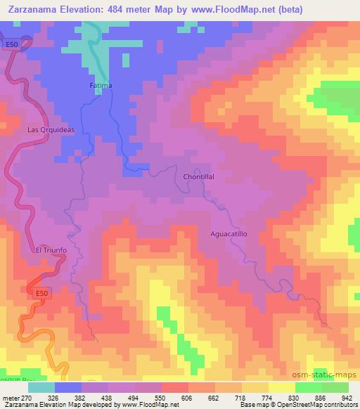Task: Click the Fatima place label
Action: pos(101,86)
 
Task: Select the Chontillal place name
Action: pos(198,176)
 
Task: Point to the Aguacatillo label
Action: pos(230,233)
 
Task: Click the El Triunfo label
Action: pos(50,250)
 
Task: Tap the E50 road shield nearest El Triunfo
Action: pos(43,292)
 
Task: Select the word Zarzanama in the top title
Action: pos(33,9)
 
